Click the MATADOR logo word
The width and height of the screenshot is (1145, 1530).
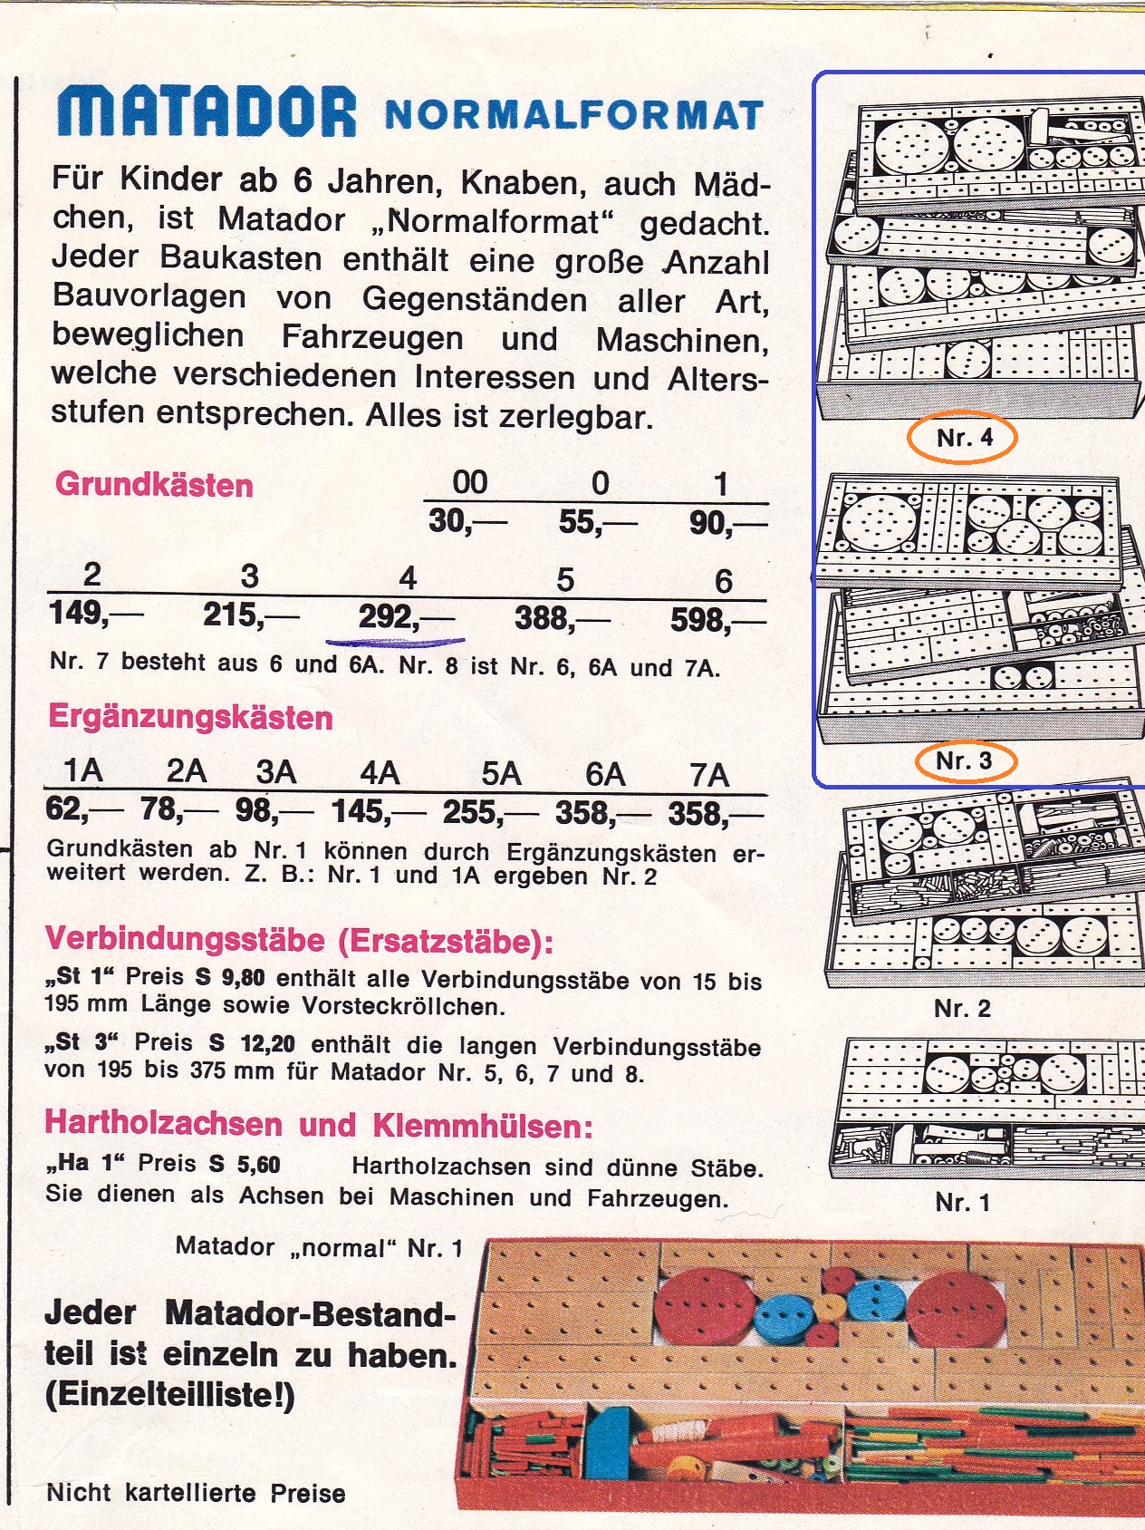click(207, 111)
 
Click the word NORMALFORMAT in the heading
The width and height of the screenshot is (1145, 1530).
click(572, 116)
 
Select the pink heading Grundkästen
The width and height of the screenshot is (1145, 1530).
click(154, 484)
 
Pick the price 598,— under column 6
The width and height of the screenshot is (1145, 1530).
click(715, 620)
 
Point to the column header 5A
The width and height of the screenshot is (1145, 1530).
click(501, 774)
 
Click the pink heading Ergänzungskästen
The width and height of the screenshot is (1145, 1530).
click(190, 717)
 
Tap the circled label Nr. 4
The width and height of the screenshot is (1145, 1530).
click(963, 439)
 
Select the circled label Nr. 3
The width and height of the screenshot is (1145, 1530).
click(963, 761)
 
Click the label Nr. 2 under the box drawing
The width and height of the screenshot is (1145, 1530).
click(962, 1008)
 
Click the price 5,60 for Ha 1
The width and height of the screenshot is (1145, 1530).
click(258, 1164)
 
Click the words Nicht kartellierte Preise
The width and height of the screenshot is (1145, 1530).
click(196, 1492)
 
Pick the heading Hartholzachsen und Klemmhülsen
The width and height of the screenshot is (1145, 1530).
click(318, 1125)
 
